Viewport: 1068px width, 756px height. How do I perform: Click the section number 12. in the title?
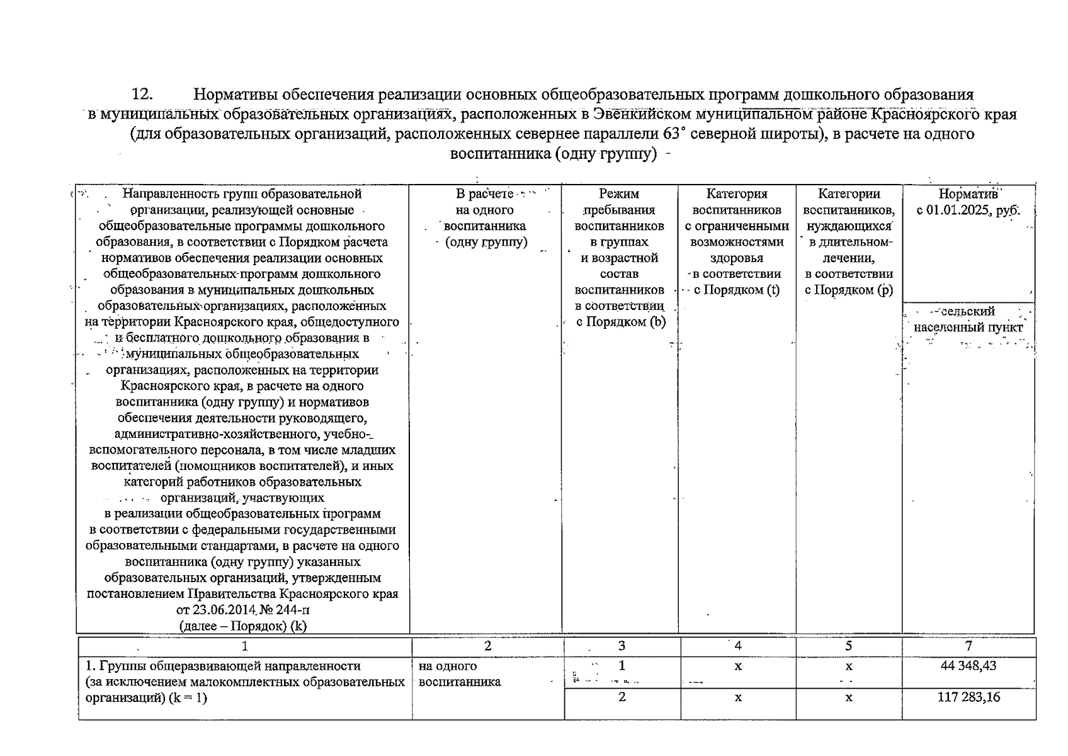coord(142,94)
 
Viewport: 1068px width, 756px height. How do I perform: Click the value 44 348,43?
coord(969,666)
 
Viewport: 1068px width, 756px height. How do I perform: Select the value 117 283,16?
coord(969,697)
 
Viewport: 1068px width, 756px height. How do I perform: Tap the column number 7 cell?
coord(969,646)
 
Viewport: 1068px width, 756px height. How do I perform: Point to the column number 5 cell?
coord(849,646)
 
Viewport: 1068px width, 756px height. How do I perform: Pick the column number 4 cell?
coord(738,646)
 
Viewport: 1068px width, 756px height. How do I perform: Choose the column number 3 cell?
coord(622,646)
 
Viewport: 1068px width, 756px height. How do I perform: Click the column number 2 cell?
coord(487,646)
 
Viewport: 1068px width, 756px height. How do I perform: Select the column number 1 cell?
coord(245,646)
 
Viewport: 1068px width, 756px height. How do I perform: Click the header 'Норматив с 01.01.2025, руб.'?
coord(969,202)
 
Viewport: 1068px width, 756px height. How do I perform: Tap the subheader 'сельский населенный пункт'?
coord(969,319)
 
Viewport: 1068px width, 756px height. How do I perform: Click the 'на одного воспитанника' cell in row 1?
coord(460,674)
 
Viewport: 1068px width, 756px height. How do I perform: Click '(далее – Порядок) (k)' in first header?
coord(243,626)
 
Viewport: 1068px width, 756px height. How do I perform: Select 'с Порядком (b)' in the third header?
coord(621,322)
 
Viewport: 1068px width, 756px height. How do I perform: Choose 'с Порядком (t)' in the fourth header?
coord(737,290)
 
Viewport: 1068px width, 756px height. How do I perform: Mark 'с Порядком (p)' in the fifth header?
coord(849,290)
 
